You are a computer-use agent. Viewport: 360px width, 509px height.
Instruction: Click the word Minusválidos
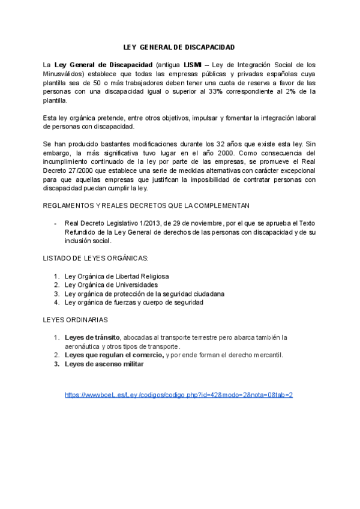point(65,73)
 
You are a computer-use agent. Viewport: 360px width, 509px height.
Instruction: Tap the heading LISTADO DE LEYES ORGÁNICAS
point(96,258)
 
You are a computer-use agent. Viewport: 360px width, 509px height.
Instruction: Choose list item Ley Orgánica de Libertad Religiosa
point(116,276)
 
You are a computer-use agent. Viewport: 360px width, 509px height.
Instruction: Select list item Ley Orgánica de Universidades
point(111,285)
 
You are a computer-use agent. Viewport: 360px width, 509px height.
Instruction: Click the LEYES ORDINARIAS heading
point(76,320)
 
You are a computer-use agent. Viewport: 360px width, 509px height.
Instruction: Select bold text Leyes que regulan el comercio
point(113,355)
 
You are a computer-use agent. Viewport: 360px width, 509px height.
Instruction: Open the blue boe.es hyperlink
point(179,395)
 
